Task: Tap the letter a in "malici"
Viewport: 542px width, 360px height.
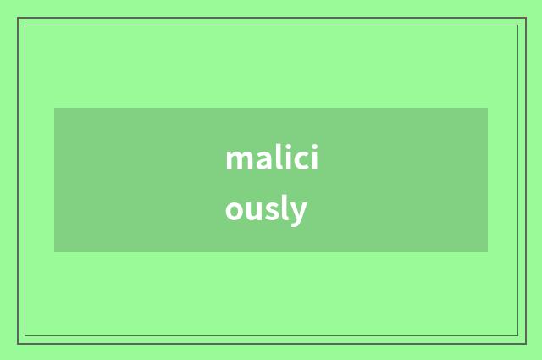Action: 265,161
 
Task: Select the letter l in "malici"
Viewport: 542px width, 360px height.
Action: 280,158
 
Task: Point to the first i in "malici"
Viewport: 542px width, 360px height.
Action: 289,158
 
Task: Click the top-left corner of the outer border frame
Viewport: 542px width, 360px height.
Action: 18,18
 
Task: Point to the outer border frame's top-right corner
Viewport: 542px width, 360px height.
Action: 525,18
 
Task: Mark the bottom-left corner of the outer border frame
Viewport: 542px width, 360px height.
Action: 18,343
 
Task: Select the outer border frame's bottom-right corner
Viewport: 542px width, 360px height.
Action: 525,343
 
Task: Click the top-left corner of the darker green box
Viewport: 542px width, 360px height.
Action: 54,108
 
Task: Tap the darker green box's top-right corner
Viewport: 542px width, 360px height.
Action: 488,108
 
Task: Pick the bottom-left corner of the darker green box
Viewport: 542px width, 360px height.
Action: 54,252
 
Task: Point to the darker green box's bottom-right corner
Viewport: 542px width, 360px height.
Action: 488,252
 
